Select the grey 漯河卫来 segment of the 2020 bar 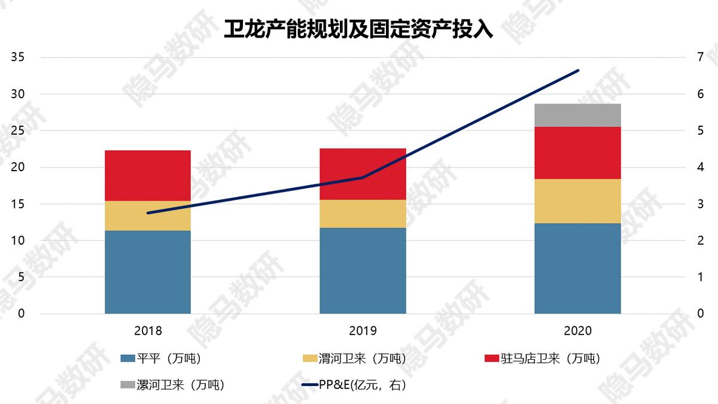tap(577, 115)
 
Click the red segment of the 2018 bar tap(148, 175)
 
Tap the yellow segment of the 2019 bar tap(363, 214)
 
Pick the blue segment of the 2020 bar tap(577, 268)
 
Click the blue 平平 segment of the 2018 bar tap(148, 272)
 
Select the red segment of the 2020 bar tap(577, 153)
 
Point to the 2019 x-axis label tap(363, 330)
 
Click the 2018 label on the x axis tap(148, 330)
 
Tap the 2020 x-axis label tap(577, 330)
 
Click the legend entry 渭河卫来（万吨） tap(363, 359)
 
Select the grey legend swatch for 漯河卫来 tap(127, 384)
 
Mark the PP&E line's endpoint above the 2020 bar tap(578, 70)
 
